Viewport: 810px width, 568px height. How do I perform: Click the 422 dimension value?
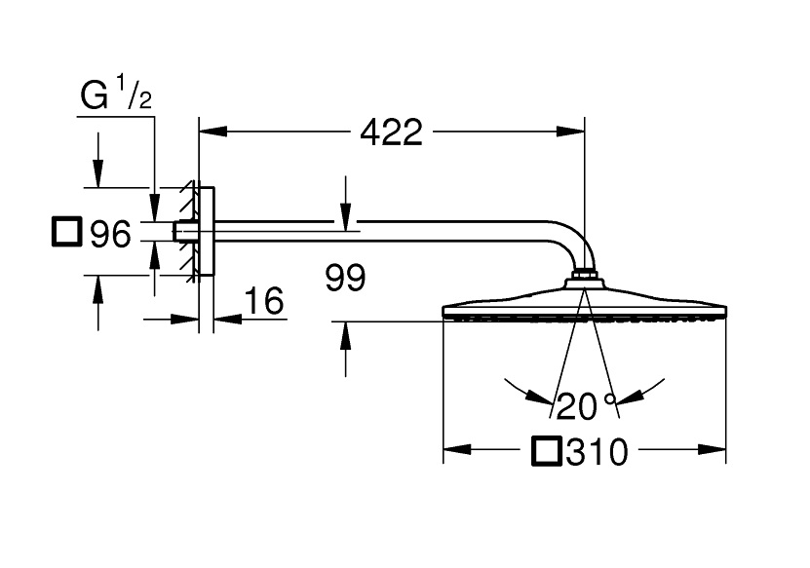[x=391, y=132]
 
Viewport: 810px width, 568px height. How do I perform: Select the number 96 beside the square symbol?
[x=109, y=234]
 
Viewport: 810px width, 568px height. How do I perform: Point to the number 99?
[x=345, y=280]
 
